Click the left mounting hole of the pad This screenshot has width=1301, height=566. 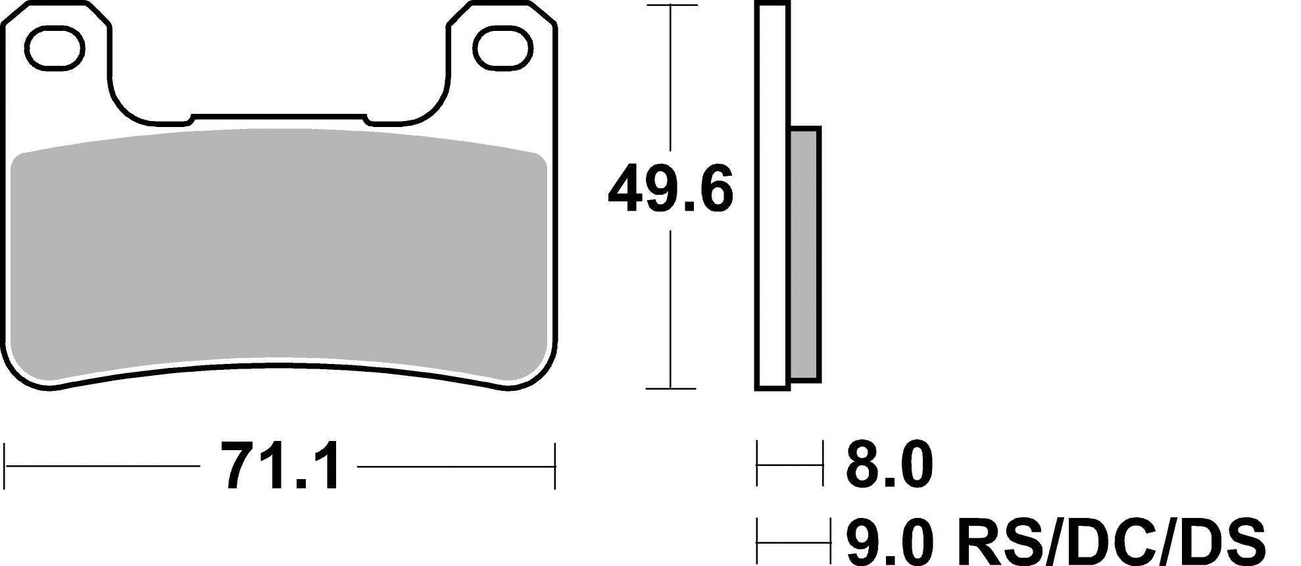click(x=56, y=48)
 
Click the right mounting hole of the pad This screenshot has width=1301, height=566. click(x=503, y=49)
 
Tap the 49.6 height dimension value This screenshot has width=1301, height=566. click(x=670, y=190)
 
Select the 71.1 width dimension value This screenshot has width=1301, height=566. click(x=280, y=466)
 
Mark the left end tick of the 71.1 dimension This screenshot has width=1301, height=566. click(x=5, y=466)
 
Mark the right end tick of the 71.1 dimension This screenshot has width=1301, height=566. click(x=555, y=466)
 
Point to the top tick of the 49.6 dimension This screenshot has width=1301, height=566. click(x=670, y=5)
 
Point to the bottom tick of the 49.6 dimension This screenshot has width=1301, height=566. click(x=670, y=388)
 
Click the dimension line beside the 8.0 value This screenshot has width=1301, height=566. click(x=789, y=465)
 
